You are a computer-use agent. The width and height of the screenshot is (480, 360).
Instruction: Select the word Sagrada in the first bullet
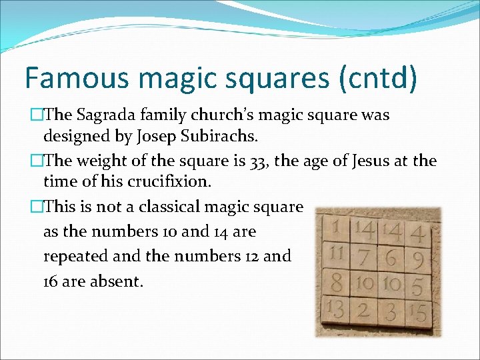pyautogui.click(x=105, y=115)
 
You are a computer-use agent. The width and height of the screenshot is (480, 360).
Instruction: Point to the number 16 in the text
pyautogui.click(x=52, y=281)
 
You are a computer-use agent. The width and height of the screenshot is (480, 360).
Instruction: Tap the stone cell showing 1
pyautogui.click(x=335, y=229)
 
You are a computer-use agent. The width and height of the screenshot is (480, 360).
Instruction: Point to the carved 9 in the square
pyautogui.click(x=417, y=257)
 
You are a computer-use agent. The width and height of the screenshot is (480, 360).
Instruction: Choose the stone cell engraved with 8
pyautogui.click(x=337, y=283)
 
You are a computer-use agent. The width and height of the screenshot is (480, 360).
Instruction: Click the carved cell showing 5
pyautogui.click(x=417, y=285)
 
